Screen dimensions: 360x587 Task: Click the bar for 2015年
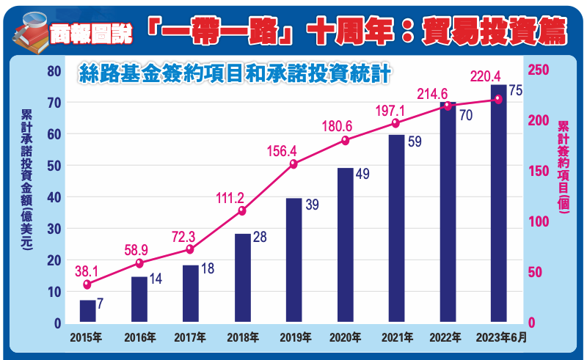pos(87,311)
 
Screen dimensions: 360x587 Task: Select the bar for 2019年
pos(293,260)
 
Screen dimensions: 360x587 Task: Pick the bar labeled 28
pos(242,278)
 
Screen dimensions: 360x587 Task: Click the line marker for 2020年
pos(345,141)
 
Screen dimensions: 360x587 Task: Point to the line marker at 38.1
pos(87,284)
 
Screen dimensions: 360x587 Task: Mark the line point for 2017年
pos(190,249)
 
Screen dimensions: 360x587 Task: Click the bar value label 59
pos(415,142)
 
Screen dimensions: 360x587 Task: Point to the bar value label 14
pos(158,279)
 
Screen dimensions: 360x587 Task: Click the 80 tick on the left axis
pos(53,71)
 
